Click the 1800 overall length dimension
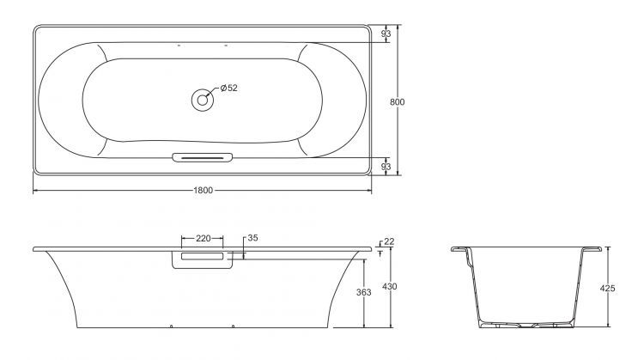pos(202,190)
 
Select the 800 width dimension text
pos(397,101)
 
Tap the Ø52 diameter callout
pos(228,88)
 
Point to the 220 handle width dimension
pos(203,238)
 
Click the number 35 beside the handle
pos(252,238)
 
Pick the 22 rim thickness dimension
pos(388,242)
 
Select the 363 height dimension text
pos(363,292)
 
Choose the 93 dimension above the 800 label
pos(386,34)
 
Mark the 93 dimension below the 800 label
pos(386,164)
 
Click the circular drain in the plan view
pos(203,99)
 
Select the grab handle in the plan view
pos(203,157)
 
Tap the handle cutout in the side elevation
pos(203,259)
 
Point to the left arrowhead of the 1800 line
pos(36,190)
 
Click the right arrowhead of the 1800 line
pos(369,190)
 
